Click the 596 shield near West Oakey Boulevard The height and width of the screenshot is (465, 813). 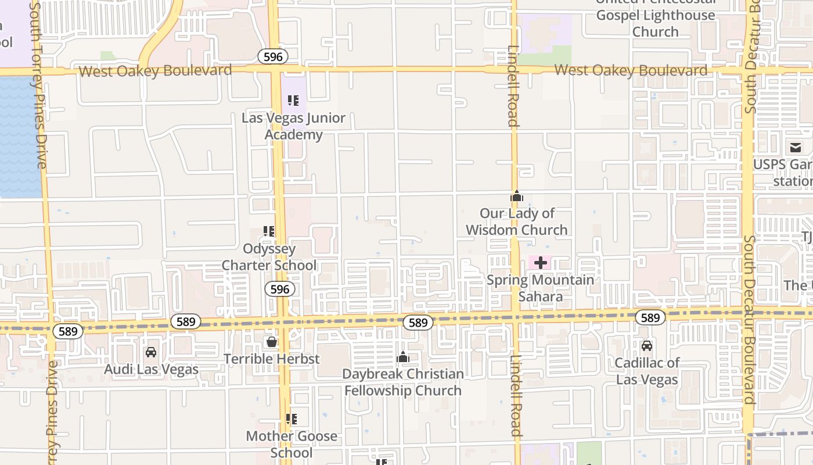[273, 56]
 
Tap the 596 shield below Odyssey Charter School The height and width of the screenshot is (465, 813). [280, 289]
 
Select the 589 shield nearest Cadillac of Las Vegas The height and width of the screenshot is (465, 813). [650, 317]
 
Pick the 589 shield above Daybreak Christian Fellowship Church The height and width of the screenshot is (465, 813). [418, 323]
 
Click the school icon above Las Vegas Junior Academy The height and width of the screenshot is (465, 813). [293, 101]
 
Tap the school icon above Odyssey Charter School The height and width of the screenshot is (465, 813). [269, 231]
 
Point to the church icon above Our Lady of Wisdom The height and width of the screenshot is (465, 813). [517, 196]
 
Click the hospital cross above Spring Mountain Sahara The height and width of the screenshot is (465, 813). [541, 263]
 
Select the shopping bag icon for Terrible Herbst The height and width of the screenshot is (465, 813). [271, 342]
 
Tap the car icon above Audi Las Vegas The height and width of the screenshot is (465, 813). [151, 352]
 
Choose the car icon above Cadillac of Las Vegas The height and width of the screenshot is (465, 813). [646, 346]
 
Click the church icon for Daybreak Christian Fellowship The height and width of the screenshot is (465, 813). [403, 357]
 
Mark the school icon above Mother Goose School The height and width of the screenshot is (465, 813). [292, 419]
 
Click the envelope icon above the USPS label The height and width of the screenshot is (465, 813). [794, 148]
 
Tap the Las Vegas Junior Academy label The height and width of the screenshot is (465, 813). [293, 126]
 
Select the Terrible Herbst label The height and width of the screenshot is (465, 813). [271, 359]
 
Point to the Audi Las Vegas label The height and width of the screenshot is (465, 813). [151, 370]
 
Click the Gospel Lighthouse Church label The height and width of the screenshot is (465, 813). [656, 23]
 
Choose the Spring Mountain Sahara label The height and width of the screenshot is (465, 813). [541, 288]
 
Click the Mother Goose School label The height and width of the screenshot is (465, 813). [292, 444]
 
